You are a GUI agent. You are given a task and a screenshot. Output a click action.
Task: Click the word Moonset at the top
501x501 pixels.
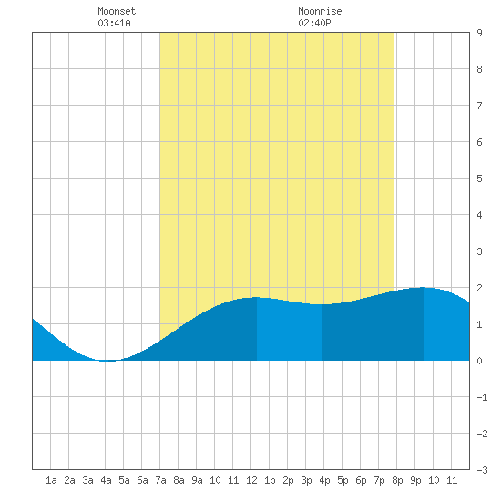click(x=117, y=11)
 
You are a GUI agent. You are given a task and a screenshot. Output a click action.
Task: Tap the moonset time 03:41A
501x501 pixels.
click(x=114, y=23)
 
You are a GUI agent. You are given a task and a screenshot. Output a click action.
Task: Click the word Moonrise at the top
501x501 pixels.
click(x=320, y=11)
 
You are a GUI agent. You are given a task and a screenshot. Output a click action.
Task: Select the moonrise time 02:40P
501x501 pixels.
click(x=314, y=23)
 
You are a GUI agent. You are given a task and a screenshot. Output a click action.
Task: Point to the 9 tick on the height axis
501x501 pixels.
click(x=479, y=33)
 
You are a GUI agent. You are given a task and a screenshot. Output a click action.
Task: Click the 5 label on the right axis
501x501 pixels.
click(x=479, y=179)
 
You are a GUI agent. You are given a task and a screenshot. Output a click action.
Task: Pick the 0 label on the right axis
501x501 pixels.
click(x=479, y=361)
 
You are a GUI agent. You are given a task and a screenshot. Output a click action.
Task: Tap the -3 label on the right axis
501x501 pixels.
click(x=482, y=470)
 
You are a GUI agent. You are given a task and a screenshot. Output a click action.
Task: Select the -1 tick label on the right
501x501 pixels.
click(x=482, y=397)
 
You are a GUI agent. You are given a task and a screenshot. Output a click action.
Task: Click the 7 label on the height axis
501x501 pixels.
click(x=479, y=106)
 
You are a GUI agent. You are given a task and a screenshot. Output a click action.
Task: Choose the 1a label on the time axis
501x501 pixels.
click(x=51, y=480)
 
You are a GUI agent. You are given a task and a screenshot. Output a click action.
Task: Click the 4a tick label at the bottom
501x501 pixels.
click(x=106, y=480)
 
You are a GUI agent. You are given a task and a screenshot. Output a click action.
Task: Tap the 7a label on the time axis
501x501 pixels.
click(x=160, y=480)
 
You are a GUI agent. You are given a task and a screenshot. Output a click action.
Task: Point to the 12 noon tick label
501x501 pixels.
click(x=251, y=480)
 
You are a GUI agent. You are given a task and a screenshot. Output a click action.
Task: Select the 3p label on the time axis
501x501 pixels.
click(x=306, y=480)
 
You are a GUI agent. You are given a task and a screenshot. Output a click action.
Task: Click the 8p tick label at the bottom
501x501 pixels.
click(x=397, y=480)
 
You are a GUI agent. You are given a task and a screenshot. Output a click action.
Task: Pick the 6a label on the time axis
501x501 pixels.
click(x=142, y=480)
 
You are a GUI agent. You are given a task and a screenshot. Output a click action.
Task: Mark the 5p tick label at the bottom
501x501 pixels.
click(x=343, y=480)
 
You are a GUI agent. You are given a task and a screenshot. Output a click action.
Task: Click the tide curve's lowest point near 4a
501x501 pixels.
click(x=107, y=361)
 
